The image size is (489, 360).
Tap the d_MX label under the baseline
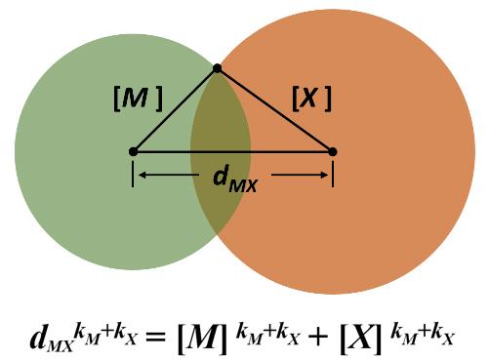(234, 179)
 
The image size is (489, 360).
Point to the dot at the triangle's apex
(217, 68)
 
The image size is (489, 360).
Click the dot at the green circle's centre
(133, 151)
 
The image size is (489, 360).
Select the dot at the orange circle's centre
(332, 151)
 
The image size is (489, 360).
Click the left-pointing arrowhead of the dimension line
(142, 176)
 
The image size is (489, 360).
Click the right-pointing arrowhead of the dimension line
(324, 176)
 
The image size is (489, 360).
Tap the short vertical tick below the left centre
(133, 174)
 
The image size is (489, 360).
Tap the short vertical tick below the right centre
(333, 174)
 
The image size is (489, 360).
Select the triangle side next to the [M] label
(174, 110)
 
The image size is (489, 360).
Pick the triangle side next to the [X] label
(274, 109)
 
